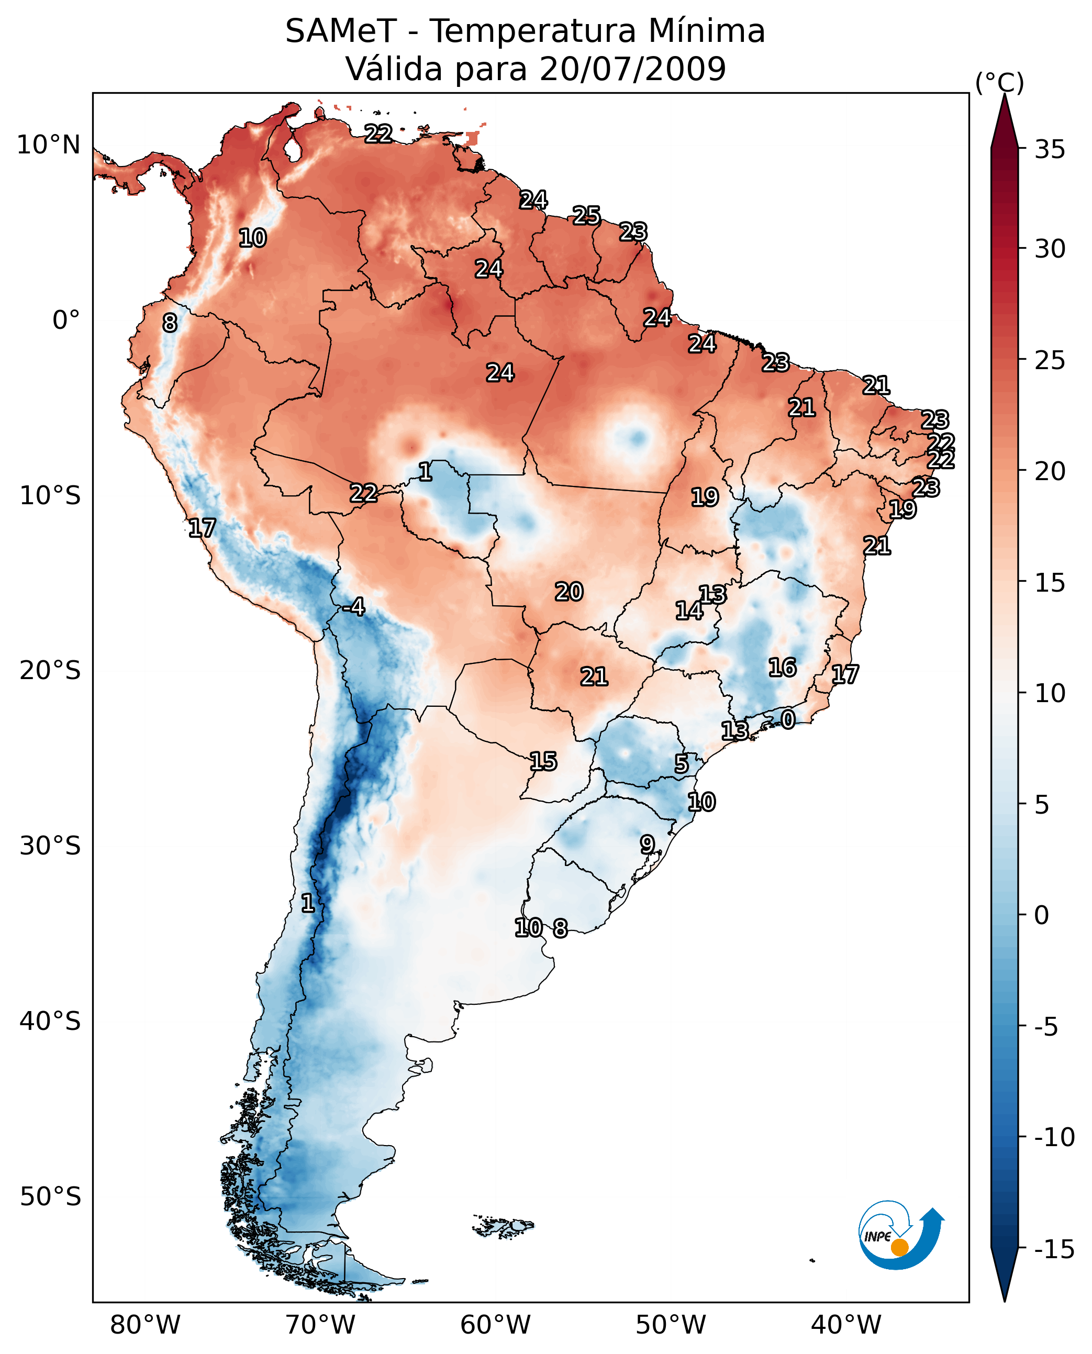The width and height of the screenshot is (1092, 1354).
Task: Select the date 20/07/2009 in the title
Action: point(632,69)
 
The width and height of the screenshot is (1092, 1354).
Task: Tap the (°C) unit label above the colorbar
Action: point(999,83)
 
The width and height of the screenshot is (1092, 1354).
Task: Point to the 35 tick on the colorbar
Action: point(1050,150)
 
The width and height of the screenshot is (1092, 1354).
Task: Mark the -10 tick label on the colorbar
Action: point(1054,1137)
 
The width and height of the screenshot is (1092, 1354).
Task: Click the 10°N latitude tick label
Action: point(49,146)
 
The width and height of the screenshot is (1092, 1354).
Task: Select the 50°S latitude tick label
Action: point(50,1196)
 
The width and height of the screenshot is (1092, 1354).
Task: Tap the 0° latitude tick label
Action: point(66,320)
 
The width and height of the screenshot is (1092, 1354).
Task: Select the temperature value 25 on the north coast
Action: point(586,216)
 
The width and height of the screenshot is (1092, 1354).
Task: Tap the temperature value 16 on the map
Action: point(783,668)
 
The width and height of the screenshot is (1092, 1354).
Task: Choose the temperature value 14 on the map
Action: point(689,611)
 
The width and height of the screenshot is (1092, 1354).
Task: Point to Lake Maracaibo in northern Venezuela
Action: point(292,150)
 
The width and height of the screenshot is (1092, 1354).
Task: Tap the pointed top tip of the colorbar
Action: point(1005,96)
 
